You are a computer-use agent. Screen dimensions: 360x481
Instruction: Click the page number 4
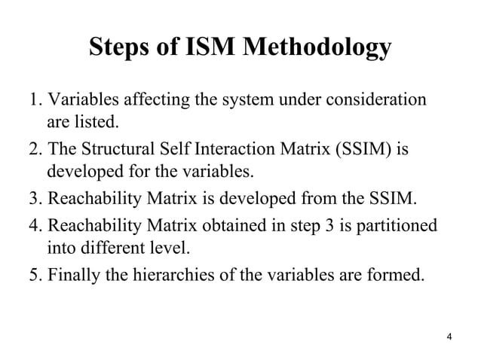tap(449, 336)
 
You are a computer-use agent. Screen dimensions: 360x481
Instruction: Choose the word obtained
tap(252, 226)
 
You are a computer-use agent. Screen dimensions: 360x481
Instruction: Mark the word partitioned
tap(396, 226)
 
